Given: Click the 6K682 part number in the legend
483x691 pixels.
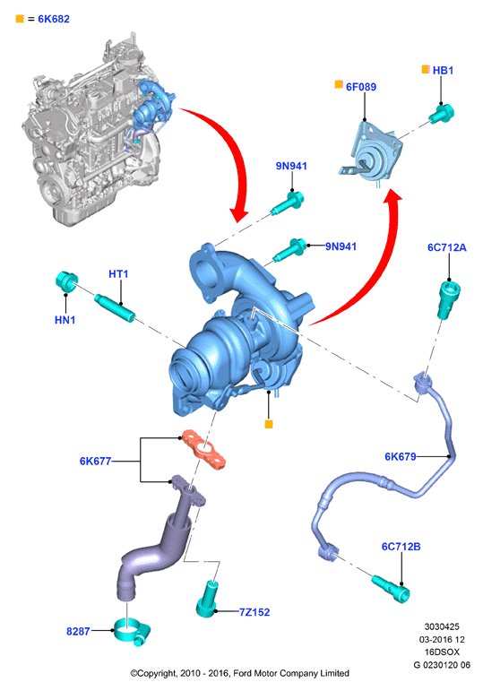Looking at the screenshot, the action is tap(54, 19).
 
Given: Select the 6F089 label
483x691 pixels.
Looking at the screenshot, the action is tap(361, 87).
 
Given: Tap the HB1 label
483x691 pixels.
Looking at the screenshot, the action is tap(443, 71).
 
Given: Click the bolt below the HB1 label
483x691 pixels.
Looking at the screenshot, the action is tap(442, 113).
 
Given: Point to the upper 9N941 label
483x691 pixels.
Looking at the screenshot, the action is tap(291, 166).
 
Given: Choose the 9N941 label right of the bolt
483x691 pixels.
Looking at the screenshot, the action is tap(341, 246).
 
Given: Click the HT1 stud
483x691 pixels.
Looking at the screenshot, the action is tap(115, 308).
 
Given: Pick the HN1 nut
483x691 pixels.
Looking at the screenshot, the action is tap(66, 281).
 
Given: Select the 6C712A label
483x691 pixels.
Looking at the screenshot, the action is tap(446, 247).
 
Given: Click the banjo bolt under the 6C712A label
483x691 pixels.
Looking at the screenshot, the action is tap(449, 300).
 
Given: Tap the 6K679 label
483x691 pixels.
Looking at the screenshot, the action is tap(401, 456).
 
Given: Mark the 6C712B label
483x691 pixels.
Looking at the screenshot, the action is tap(401, 547).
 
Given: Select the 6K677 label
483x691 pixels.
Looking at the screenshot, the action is tap(95, 461).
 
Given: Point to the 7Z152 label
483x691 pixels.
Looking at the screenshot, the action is tap(254, 611).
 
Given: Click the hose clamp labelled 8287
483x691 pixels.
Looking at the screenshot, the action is tap(133, 633).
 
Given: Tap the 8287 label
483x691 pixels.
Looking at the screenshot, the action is tap(78, 631).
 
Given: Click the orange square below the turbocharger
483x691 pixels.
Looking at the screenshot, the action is tap(269, 424).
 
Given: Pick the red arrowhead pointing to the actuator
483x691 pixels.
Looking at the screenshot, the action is tap(392, 197).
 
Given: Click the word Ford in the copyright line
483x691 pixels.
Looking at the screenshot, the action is tap(244, 673).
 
